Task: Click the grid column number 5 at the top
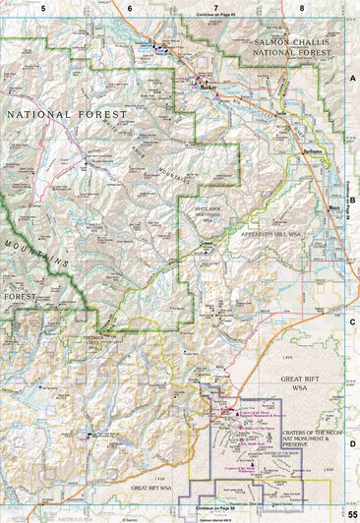point(43,7)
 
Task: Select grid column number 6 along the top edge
point(129,7)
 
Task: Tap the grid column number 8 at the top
point(301,7)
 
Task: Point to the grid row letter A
point(351,75)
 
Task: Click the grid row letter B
point(351,198)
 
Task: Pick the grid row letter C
point(351,320)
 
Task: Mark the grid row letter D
point(351,443)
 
